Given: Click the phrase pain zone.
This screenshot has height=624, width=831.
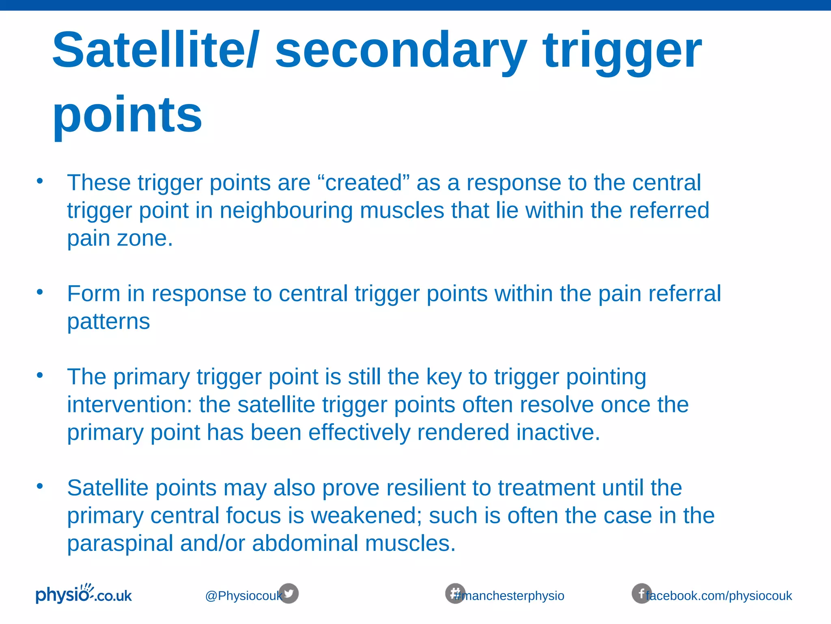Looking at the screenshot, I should click(120, 238).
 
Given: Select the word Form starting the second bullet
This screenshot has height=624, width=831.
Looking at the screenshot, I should click(94, 293).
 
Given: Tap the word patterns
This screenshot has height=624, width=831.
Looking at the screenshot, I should click(108, 321).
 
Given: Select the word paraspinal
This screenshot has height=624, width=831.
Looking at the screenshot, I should click(120, 544).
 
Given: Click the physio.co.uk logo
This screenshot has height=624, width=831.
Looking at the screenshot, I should click(84, 594).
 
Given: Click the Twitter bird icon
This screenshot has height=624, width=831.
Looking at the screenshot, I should click(288, 594).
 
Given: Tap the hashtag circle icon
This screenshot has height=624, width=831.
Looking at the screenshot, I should click(455, 594).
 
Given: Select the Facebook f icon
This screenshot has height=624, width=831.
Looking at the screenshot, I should click(641, 594).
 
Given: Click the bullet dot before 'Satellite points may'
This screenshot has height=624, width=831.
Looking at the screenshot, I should click(39, 486).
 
